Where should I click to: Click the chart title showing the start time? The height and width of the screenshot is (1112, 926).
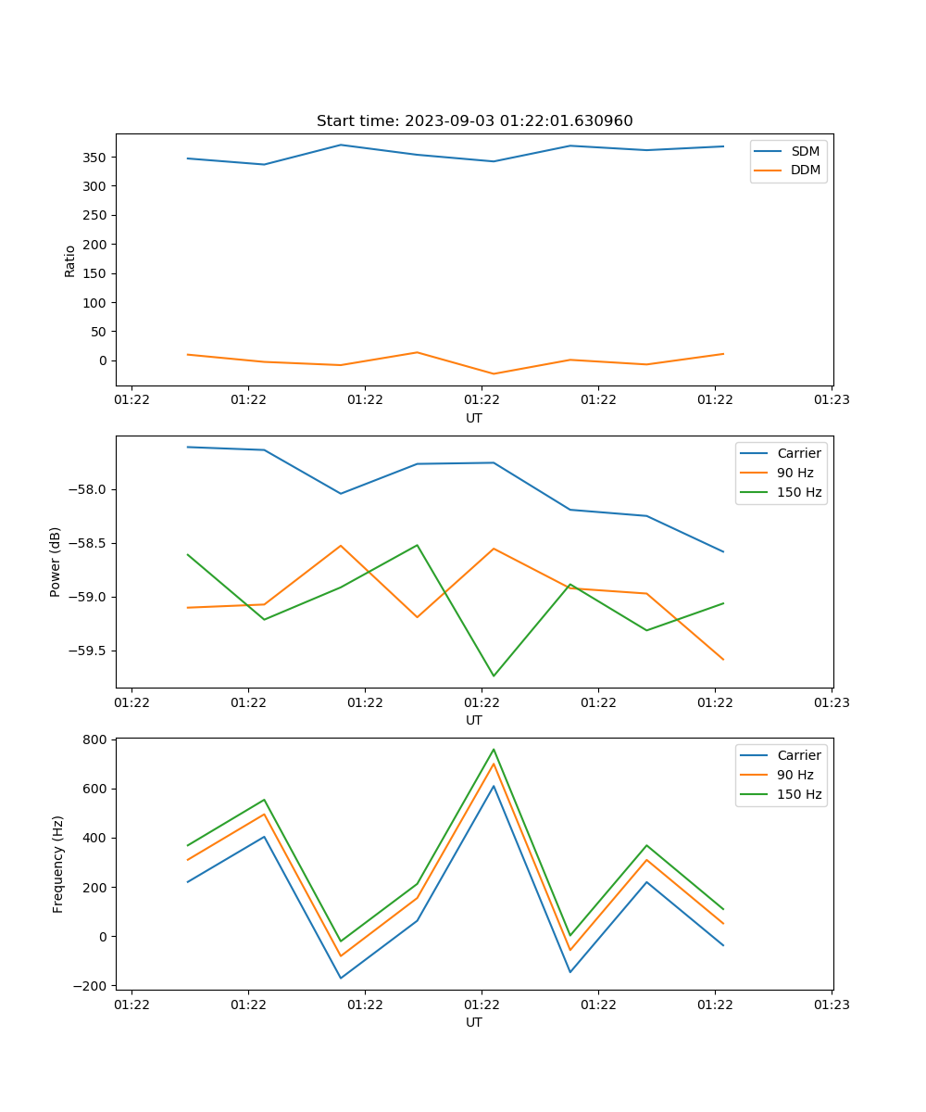[474, 121]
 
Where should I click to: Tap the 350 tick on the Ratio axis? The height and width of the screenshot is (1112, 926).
[96, 158]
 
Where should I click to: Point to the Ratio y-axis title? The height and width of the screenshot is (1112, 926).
[70, 260]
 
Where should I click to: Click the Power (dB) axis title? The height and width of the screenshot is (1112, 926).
[56, 562]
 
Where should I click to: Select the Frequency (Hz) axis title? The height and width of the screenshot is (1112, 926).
[57, 864]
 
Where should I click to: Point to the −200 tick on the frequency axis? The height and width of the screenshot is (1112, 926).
[91, 985]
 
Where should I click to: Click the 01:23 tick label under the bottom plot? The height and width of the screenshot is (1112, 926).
[831, 1005]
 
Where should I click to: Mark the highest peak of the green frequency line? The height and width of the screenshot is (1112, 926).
[494, 749]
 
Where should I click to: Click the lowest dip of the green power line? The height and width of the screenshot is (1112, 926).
[494, 676]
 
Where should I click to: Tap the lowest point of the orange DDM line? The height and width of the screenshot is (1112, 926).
[494, 374]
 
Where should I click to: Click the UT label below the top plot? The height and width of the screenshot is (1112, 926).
[474, 418]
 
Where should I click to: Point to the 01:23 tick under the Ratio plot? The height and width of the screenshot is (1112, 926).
[831, 400]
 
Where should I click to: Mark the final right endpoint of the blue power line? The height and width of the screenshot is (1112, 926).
[723, 551]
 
